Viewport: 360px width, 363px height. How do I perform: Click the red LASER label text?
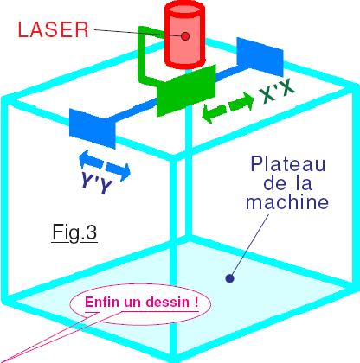(x=53, y=29)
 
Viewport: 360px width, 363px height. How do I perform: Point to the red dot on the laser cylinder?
(x=185, y=36)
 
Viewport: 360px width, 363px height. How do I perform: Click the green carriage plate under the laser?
(x=186, y=91)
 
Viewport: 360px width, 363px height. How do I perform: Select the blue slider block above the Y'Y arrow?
(x=93, y=129)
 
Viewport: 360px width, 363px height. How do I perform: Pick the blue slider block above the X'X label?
(x=260, y=57)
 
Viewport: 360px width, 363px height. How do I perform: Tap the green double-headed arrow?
(x=228, y=107)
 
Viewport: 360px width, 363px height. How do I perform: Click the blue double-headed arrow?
(x=105, y=165)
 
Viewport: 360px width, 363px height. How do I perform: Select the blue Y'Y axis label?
(x=96, y=182)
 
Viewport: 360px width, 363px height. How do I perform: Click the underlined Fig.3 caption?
(x=74, y=232)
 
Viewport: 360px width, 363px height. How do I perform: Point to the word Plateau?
(x=287, y=164)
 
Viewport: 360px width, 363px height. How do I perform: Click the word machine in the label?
(x=287, y=201)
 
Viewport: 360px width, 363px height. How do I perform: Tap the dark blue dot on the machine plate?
(x=229, y=278)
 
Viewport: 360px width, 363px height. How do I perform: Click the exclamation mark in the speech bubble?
(x=196, y=302)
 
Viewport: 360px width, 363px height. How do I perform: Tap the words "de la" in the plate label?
(x=287, y=183)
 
